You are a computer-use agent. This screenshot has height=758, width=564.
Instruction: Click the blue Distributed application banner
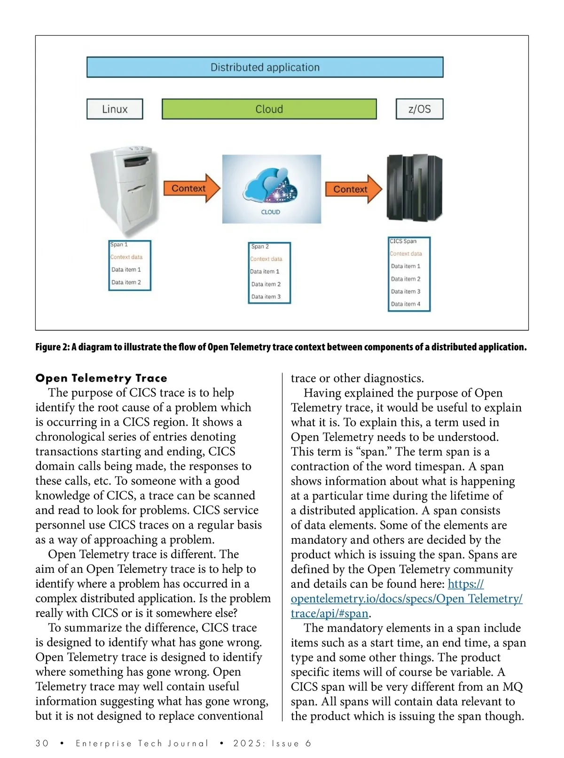[x=265, y=67]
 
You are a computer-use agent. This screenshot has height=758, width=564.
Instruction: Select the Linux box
[x=115, y=109]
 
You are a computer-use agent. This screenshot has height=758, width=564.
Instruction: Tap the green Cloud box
[x=269, y=109]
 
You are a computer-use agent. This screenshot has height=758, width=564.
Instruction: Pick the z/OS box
[x=419, y=109]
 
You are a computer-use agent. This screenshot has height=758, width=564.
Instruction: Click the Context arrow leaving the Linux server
[x=191, y=188]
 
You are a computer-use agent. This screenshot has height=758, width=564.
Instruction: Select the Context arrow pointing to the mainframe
[x=353, y=189]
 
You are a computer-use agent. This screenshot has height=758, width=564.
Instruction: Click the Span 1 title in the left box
[x=119, y=244]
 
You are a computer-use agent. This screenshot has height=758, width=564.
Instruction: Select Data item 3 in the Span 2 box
[x=266, y=297]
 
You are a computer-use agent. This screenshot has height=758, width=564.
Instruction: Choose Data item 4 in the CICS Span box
[x=406, y=304]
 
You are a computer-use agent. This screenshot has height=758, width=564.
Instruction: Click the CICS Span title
[x=403, y=241]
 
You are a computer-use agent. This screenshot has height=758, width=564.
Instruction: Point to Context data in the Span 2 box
[x=266, y=259]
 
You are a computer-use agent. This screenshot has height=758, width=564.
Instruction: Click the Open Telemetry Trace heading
[x=101, y=378]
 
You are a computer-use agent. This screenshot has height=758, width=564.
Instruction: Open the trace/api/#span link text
[x=329, y=613]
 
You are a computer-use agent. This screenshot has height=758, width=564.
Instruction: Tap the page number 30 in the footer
[x=42, y=743]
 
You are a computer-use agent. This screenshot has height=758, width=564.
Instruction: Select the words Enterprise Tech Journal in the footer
[x=142, y=743]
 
